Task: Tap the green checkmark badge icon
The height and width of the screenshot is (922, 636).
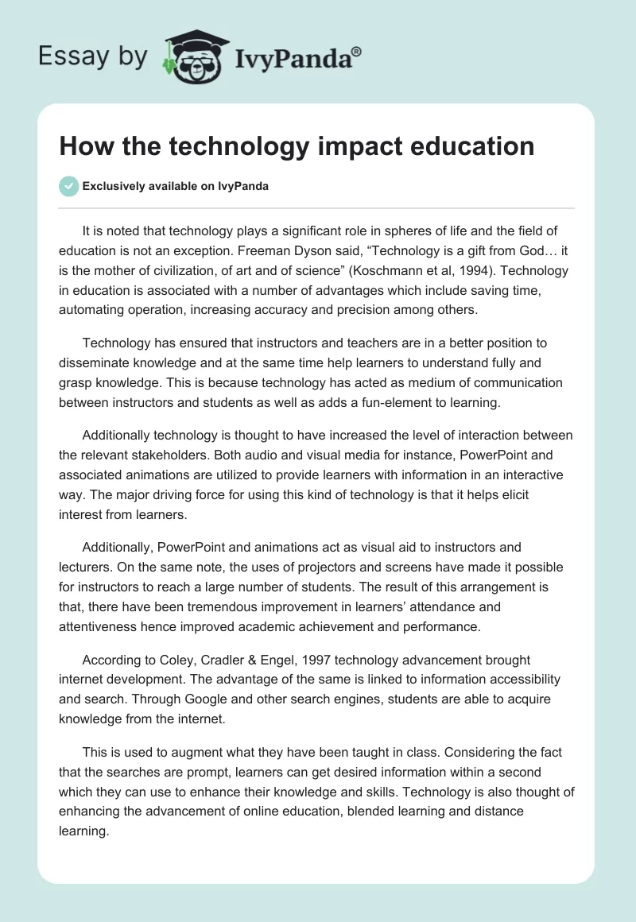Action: [x=68, y=186]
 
